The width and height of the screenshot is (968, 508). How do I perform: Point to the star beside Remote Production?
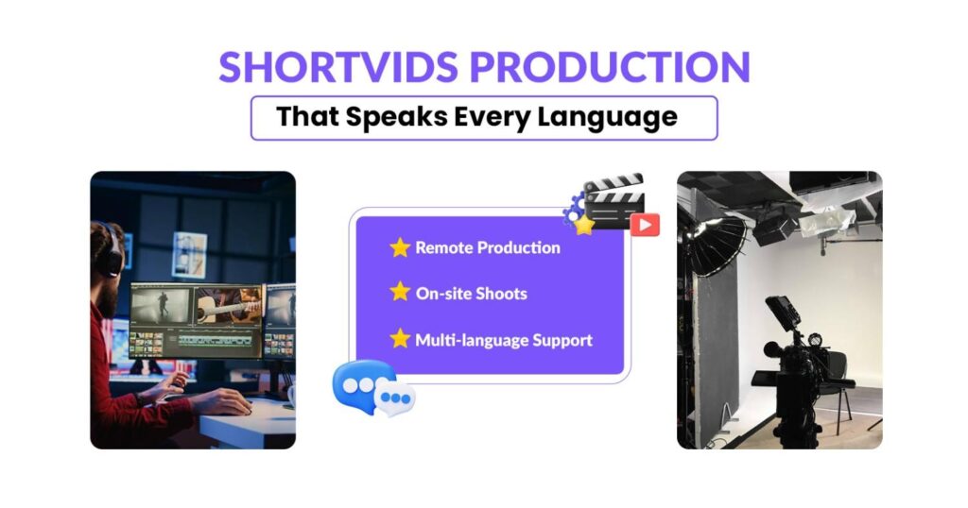pyautogui.click(x=400, y=247)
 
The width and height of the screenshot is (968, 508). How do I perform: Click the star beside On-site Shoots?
pyautogui.click(x=400, y=292)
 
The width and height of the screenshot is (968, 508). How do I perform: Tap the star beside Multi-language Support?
pyautogui.click(x=400, y=337)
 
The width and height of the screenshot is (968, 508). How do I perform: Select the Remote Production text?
pyautogui.click(x=488, y=247)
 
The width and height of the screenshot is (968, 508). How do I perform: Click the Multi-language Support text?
pyautogui.click(x=504, y=338)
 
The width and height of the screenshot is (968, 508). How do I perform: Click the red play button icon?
pyautogui.click(x=645, y=224)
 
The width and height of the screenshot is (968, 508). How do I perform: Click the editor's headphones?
pyautogui.click(x=112, y=246)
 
